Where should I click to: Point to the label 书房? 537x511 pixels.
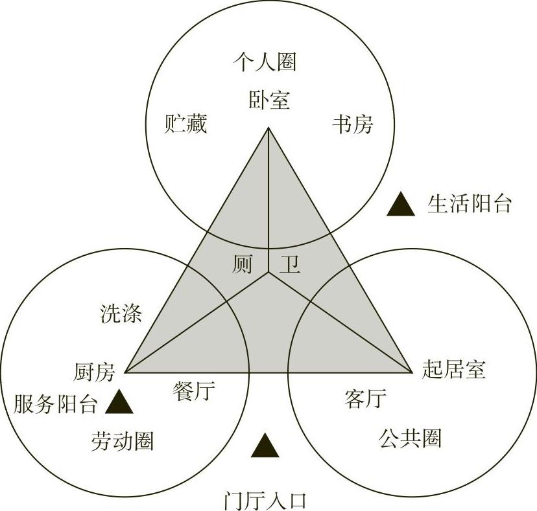coord(353,123)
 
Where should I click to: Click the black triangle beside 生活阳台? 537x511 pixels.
coord(400,205)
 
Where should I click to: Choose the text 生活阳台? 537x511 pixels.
coord(470,203)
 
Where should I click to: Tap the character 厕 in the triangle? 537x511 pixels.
coord(242,264)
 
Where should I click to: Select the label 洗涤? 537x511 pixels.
coord(121,313)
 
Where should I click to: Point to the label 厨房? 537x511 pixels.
coord(95,372)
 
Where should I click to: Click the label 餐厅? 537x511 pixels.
coord(195,390)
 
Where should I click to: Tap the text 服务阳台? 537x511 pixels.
coord(55,405)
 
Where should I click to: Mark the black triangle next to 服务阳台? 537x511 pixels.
coord(119,402)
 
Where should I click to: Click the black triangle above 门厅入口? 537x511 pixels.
coord(265,446)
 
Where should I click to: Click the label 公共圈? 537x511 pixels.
coord(410,438)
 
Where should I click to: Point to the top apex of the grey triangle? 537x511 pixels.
coord(268,130)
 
